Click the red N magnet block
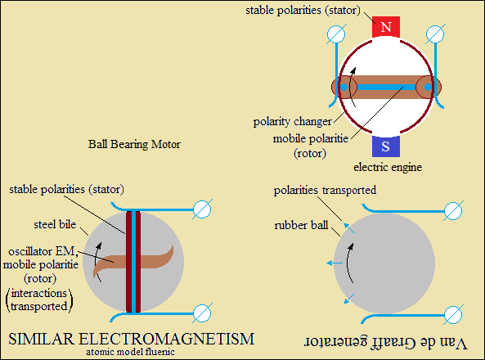tap(386, 27)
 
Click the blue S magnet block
tap(386, 146)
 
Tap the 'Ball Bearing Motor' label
tap(134, 144)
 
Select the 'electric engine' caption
tap(388, 167)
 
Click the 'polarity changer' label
tap(292, 121)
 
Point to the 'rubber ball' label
tap(301, 225)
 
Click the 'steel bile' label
tap(55, 224)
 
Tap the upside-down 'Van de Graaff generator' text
tap(386, 343)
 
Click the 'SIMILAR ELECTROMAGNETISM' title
tap(132, 339)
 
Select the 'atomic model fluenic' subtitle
tap(130, 352)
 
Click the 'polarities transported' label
tap(325, 190)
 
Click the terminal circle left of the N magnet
tap(336, 34)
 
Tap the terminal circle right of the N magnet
tap(435, 34)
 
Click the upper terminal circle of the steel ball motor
tap(202, 209)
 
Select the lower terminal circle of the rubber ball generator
tap(453, 315)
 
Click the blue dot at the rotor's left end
tap(344, 88)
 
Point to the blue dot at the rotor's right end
tap(428, 88)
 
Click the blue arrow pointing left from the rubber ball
tap(335, 263)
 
